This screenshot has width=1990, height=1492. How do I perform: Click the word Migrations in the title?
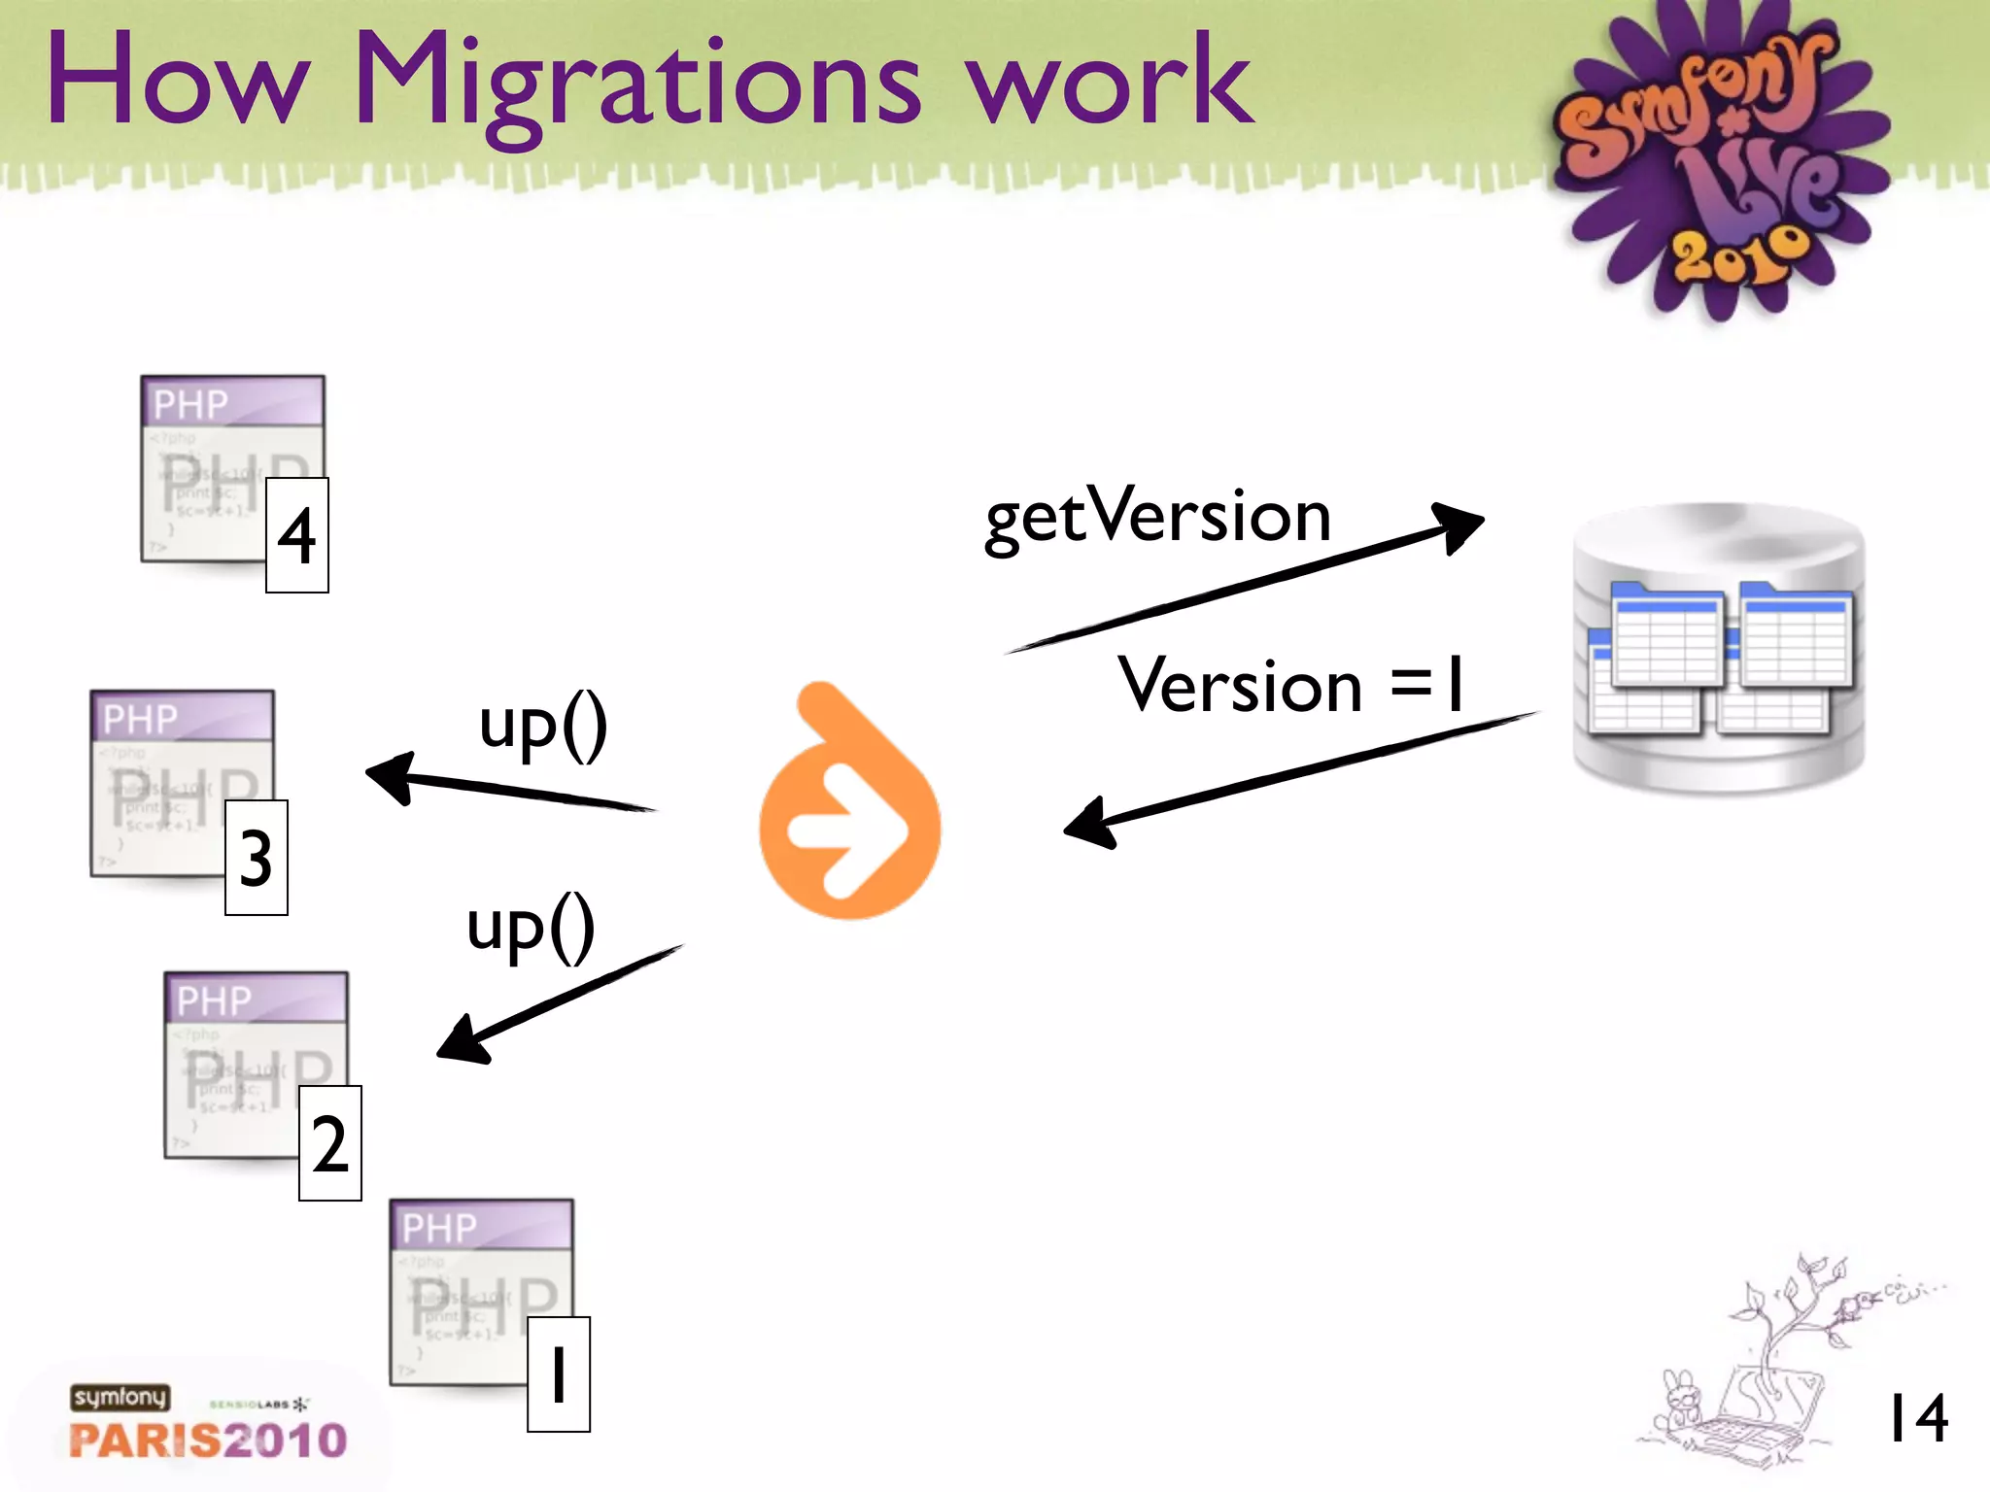(636, 83)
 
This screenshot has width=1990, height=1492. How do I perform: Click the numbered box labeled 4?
(297, 535)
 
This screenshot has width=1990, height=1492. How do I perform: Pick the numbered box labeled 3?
(257, 858)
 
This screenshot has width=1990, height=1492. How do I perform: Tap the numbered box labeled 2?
(330, 1143)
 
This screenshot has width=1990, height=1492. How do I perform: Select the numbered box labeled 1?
(559, 1373)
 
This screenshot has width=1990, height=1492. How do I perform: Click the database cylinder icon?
(1718, 648)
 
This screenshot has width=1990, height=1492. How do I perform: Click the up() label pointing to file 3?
(543, 726)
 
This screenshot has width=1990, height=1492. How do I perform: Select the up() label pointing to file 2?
(531, 928)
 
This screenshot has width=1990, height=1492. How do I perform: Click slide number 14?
(1916, 1418)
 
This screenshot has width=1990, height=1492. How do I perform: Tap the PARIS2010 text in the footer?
(208, 1440)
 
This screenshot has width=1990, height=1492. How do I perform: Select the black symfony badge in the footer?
(120, 1397)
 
